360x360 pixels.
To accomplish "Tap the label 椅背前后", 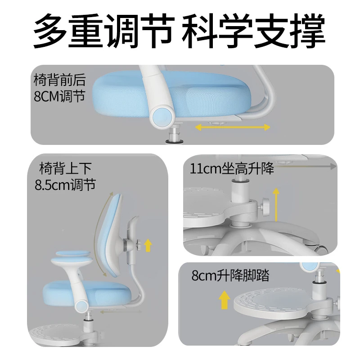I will point(59,81).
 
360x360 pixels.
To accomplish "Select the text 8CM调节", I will point(59,97).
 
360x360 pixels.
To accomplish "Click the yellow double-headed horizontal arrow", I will point(233,128).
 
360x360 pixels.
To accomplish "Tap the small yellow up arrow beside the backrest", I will point(148,246).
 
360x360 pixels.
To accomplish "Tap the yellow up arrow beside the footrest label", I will point(222,301).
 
